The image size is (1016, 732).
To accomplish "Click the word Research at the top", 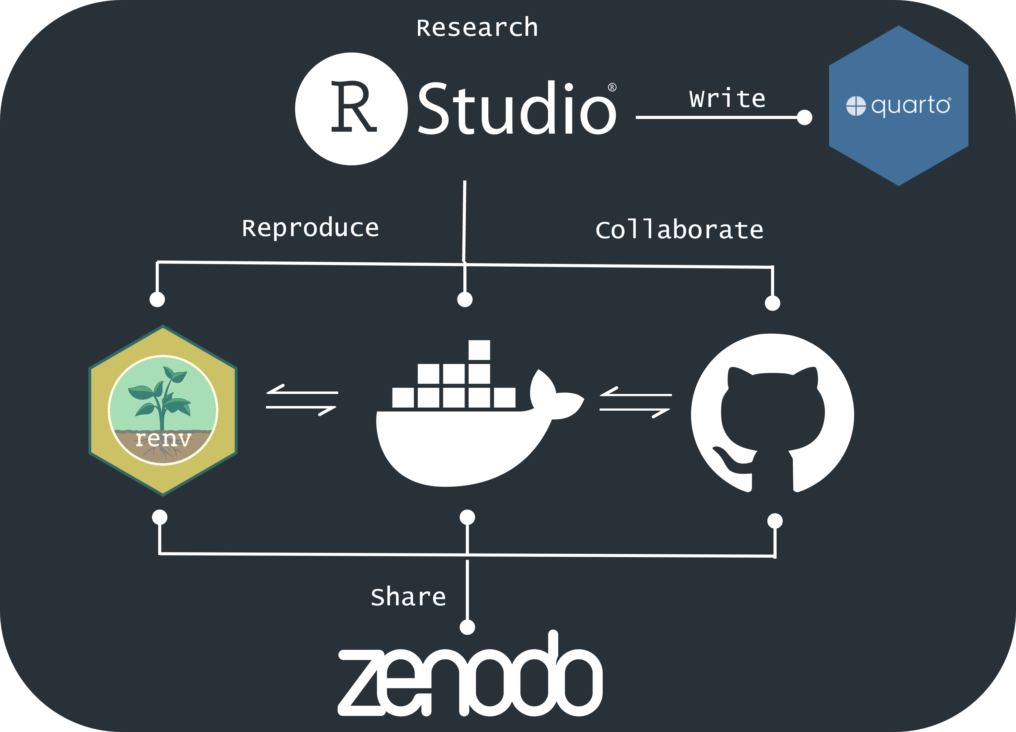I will coord(477,28).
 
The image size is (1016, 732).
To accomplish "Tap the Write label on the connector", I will coord(727,99).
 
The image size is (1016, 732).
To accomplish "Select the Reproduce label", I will coord(310,228).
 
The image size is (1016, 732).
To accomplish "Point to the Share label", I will coord(408,597).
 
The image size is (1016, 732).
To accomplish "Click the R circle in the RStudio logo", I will coord(351,109).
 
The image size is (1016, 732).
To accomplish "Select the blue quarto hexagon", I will coord(898,106).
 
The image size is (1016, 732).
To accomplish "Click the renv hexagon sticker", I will coord(163,410).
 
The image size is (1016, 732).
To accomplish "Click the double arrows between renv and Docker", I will coord(301,400).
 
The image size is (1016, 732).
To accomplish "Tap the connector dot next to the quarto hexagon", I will coord(805,117).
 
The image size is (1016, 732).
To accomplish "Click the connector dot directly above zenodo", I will coord(467,627).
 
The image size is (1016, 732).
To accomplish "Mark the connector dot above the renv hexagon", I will coord(157,299).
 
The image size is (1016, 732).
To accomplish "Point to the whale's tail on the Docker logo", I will coord(555,394).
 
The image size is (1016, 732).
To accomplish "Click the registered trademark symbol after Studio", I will coord(612,87).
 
